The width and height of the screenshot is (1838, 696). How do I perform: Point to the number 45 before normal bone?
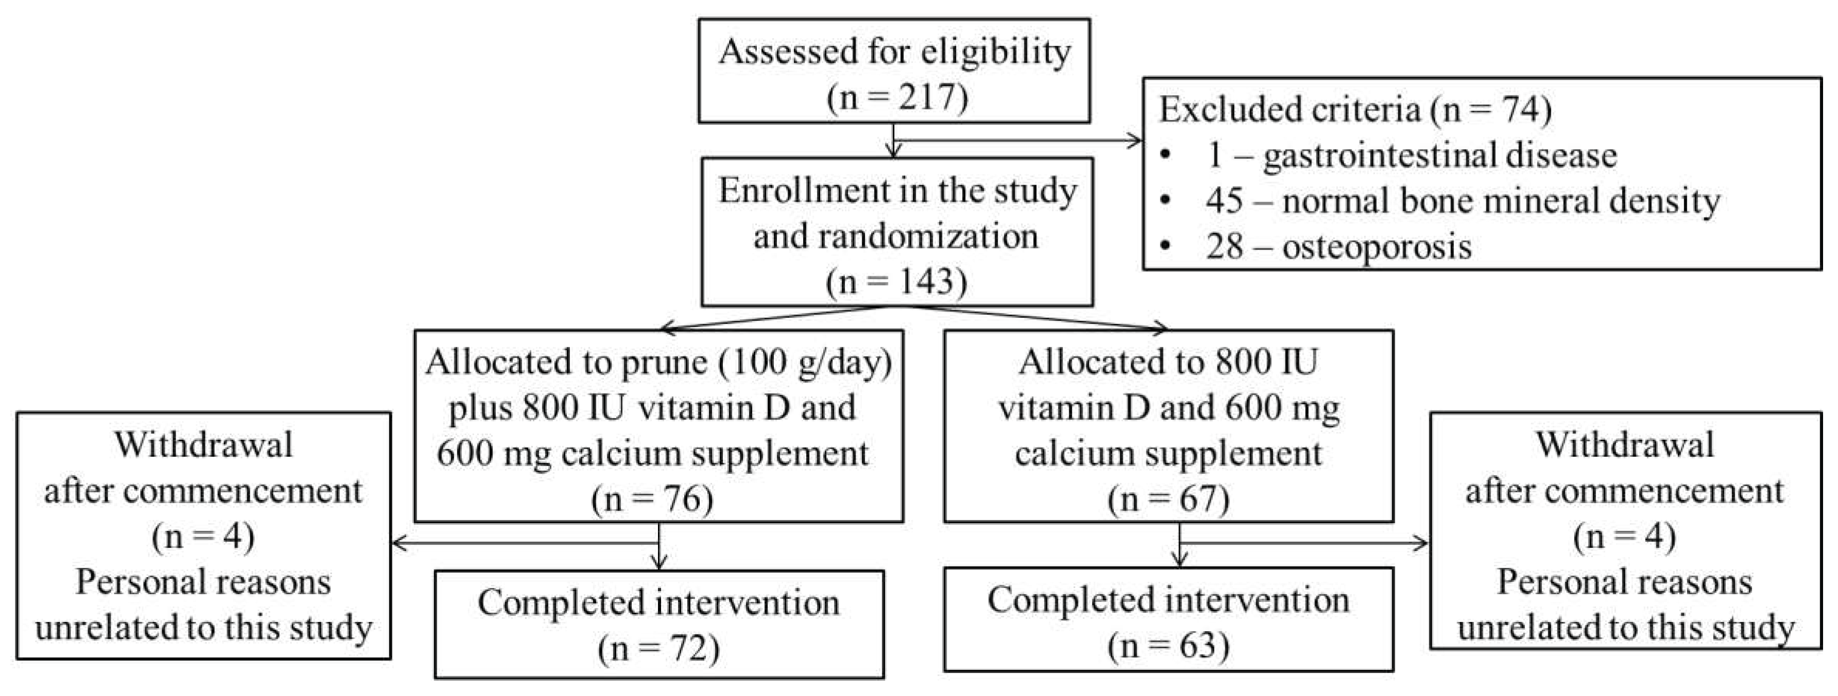[x=1224, y=202]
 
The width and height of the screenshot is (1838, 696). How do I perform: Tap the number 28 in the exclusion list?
[x=1224, y=247]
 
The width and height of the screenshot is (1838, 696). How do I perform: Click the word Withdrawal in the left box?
[x=203, y=445]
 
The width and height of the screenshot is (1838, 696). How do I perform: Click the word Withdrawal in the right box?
[x=1625, y=445]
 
